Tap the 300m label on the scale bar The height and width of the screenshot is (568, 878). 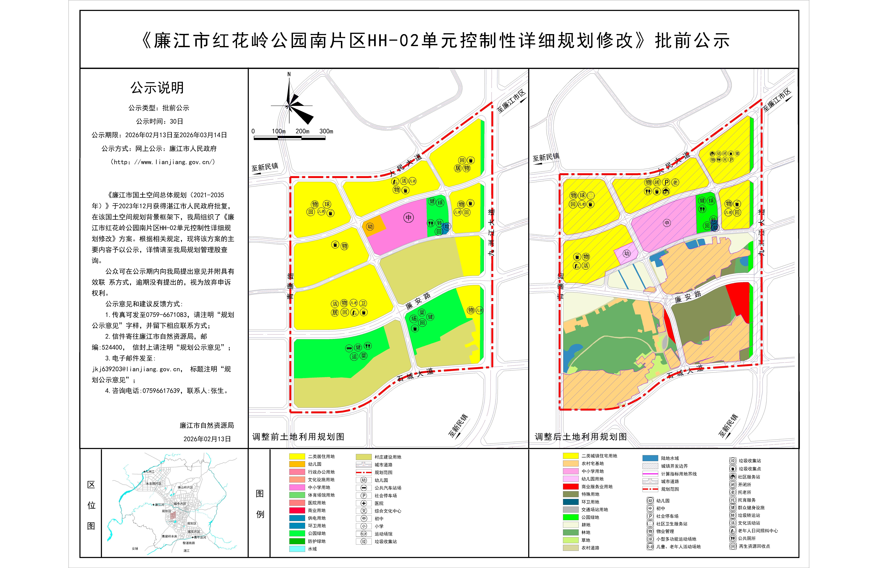[326, 131]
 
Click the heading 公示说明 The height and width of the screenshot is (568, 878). [157, 88]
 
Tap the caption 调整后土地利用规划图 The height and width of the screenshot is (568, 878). [581, 437]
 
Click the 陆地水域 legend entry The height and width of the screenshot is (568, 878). [670, 458]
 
